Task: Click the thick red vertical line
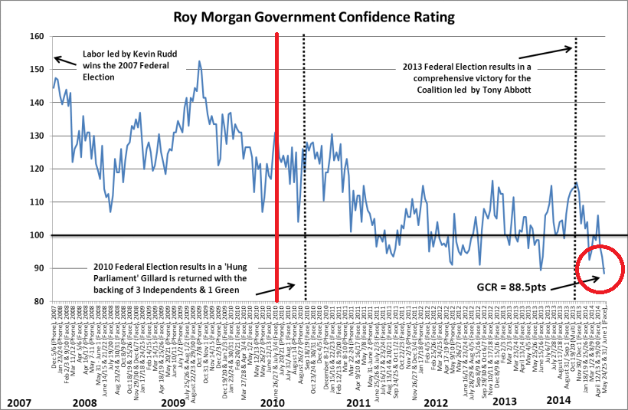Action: coord(276,169)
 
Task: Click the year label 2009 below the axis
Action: coord(174,401)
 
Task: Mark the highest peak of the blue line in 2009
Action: coord(200,62)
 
